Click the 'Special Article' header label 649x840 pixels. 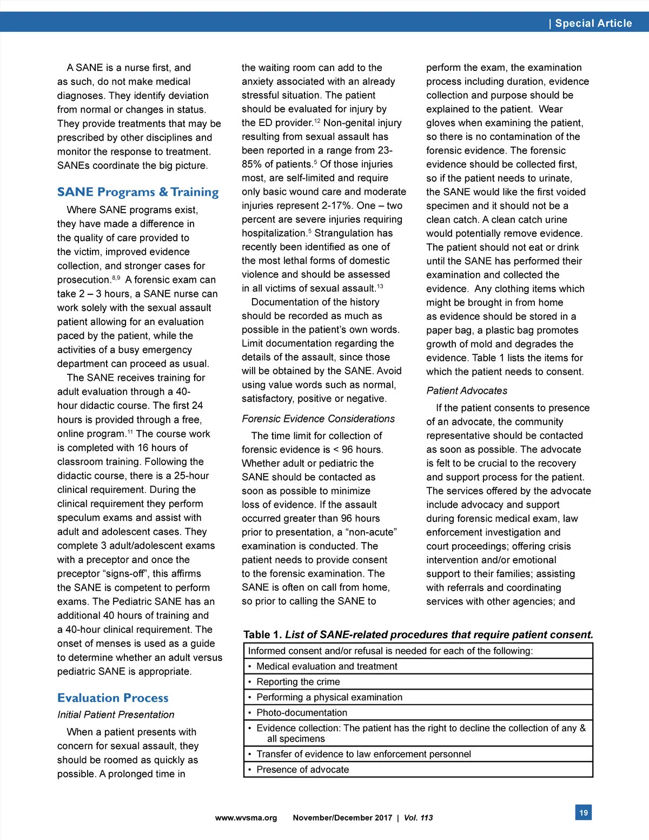pos(593,23)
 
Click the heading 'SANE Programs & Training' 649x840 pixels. pos(138,192)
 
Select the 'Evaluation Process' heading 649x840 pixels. pos(112,698)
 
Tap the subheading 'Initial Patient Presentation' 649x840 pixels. pos(116,715)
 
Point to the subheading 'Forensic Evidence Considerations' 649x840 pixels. pos(318,419)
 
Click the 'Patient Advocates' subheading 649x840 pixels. pos(467,391)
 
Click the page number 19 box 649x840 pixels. pos(584,812)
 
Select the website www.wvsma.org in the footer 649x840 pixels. pos(246,818)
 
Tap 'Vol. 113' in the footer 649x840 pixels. pos(419,818)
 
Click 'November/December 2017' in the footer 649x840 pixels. pos(342,818)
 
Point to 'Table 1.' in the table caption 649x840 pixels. pos(263,635)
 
